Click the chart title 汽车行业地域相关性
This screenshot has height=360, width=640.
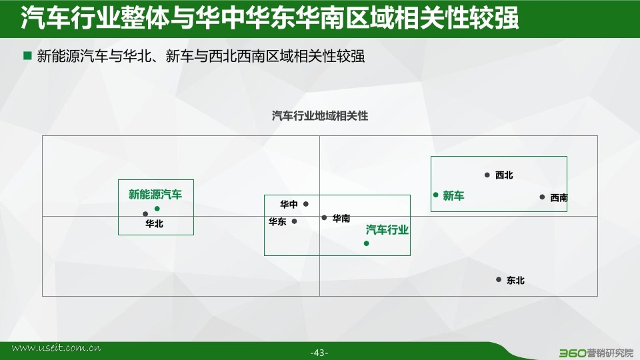click(320, 116)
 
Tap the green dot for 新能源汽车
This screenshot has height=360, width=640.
click(157, 209)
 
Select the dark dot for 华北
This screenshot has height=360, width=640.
click(145, 214)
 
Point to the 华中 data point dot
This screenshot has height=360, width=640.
click(306, 204)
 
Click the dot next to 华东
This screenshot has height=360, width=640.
click(294, 221)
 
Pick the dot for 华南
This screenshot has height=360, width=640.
click(324, 217)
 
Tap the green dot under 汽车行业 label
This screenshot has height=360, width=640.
click(367, 243)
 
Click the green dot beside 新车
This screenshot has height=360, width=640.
click(436, 195)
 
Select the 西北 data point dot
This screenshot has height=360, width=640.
click(487, 175)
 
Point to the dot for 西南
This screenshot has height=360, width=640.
click(542, 197)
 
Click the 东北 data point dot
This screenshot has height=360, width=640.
click(499, 279)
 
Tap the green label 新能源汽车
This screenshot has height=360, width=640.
click(155, 194)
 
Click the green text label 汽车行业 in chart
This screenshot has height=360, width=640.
click(387, 230)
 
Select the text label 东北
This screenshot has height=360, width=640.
click(515, 281)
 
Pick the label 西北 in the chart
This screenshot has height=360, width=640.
click(504, 175)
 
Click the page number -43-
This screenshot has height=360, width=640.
click(319, 353)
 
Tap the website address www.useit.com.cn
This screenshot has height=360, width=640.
click(56, 348)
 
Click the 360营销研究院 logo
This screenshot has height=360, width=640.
click(596, 353)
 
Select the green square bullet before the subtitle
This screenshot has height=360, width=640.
click(27, 55)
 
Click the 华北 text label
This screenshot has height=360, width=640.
click(154, 224)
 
